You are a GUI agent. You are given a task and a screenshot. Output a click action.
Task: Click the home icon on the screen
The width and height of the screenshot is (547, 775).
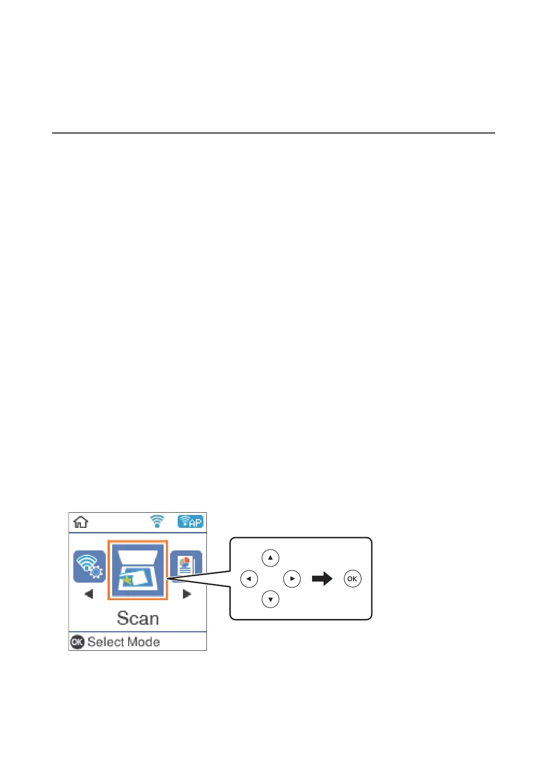coord(81,522)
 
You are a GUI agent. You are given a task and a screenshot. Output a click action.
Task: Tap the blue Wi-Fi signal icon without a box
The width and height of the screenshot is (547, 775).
coord(157,521)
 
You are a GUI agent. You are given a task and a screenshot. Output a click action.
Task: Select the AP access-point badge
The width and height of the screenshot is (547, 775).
coord(190,521)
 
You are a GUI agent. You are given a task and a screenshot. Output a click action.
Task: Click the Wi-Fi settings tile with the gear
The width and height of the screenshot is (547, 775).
coord(89,567)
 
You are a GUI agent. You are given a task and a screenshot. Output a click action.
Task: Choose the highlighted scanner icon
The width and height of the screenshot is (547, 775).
coord(137,570)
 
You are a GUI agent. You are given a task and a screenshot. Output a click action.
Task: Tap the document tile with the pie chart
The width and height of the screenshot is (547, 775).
coord(186,566)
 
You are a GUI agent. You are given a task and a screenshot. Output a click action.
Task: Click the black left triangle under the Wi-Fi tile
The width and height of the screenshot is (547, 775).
coord(89,594)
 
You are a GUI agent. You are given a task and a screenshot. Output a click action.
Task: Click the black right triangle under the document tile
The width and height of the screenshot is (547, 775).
coord(187,594)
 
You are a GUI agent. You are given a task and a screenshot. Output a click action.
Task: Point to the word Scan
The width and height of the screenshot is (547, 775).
coord(138,618)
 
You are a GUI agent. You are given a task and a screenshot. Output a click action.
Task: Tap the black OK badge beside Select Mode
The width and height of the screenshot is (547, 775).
coord(77,642)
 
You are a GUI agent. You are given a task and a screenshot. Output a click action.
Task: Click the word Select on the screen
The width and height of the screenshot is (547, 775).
coord(105,642)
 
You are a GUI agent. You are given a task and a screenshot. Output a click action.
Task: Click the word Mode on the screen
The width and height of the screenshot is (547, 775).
coord(142,642)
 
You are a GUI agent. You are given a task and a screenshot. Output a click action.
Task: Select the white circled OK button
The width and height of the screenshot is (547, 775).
coord(352,578)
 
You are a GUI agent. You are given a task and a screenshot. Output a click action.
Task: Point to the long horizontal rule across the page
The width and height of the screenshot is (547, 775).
coord(273,133)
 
